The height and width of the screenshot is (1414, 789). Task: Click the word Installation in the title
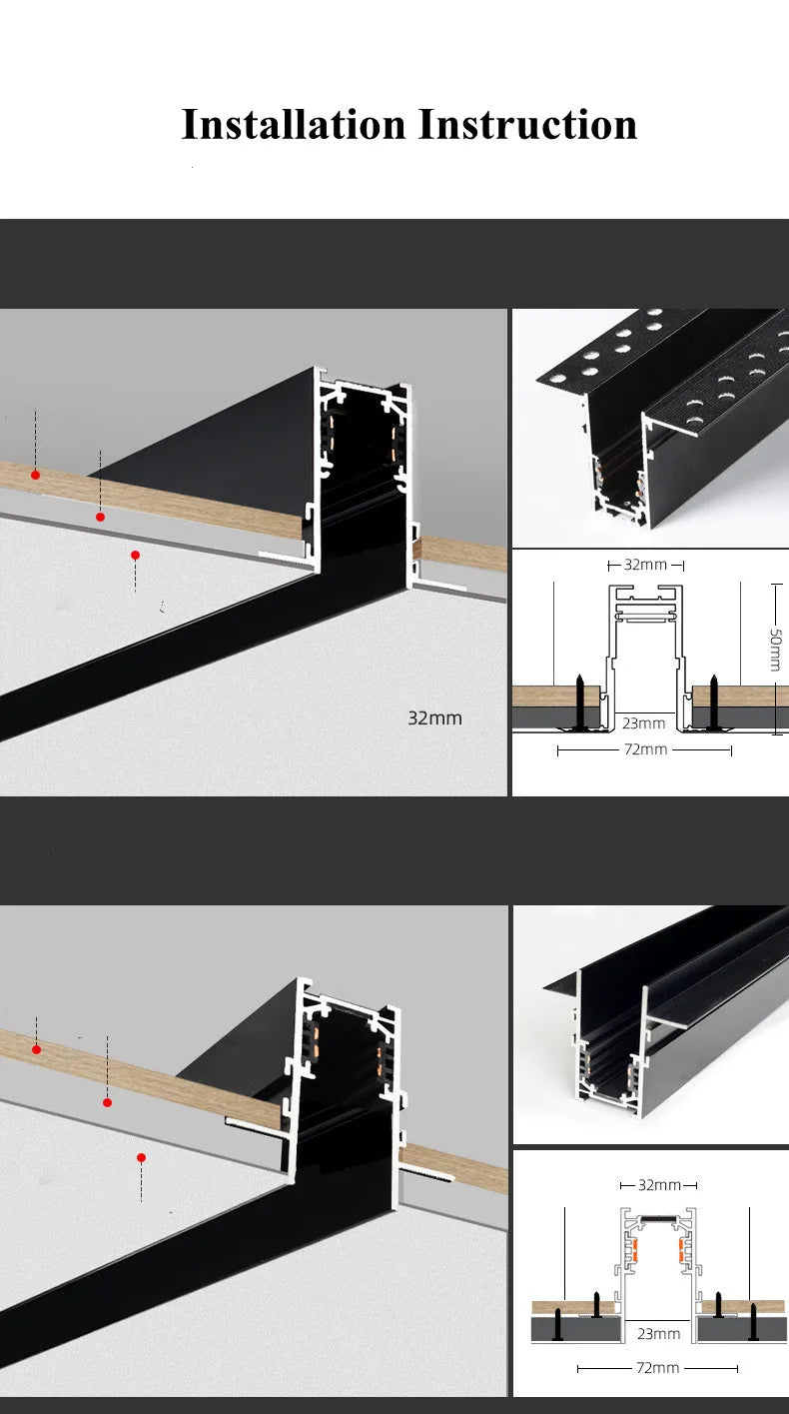(x=294, y=124)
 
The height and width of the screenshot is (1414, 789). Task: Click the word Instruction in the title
(x=526, y=124)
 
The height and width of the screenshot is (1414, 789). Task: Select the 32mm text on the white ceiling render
(x=434, y=717)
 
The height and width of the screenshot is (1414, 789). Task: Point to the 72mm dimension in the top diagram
(x=645, y=749)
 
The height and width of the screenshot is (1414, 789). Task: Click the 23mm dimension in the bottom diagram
(x=658, y=1333)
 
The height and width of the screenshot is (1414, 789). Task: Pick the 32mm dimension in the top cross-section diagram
(x=645, y=565)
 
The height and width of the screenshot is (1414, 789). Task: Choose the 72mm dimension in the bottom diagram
(x=658, y=1367)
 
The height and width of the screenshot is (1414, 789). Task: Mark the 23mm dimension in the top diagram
(x=644, y=722)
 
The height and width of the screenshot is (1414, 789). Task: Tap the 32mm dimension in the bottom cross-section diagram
(x=659, y=1185)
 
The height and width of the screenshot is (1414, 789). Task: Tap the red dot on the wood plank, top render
(x=35, y=475)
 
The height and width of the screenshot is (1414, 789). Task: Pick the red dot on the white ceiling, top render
(x=135, y=555)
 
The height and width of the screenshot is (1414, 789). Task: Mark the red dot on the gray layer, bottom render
(x=107, y=1102)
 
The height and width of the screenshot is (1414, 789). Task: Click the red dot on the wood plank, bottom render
(x=36, y=1049)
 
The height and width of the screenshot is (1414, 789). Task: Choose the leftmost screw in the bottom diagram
(x=557, y=1325)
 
